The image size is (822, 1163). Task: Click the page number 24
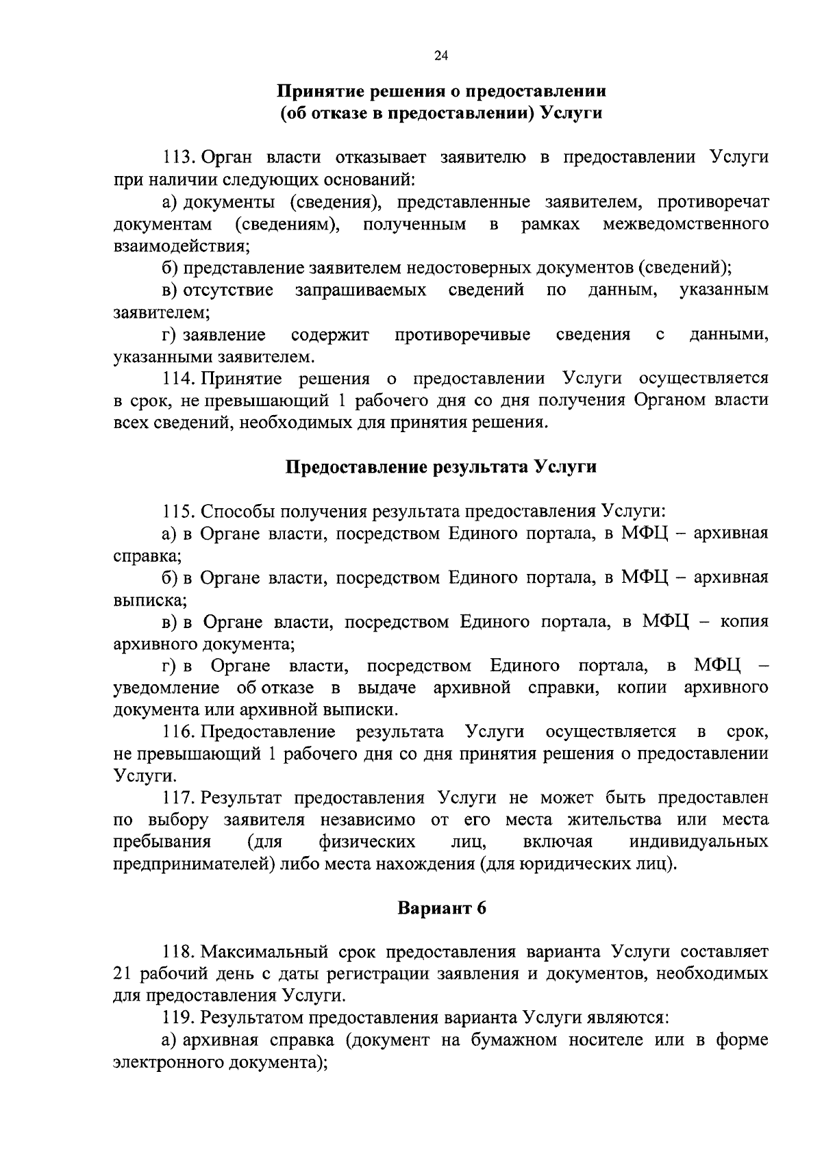440,58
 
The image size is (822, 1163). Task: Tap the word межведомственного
685,224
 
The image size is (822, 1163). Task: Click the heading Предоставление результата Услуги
440,467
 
